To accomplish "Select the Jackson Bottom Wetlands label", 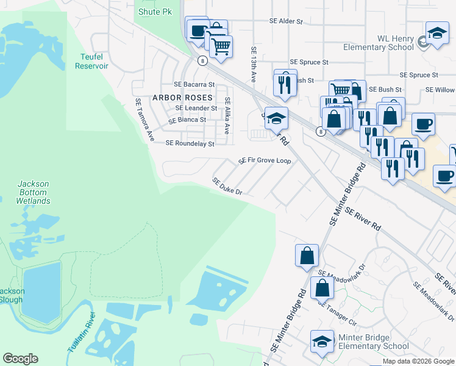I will (33, 192).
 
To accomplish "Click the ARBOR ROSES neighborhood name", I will (182, 98).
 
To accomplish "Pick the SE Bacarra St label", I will (194, 85).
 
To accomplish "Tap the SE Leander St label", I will (196, 108).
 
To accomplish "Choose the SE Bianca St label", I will (188, 120).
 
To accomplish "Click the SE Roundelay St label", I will (190, 144).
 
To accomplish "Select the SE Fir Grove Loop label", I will (265, 161).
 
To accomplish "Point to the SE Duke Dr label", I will (227, 187).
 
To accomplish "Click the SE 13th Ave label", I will (254, 64).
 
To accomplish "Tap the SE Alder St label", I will (286, 21).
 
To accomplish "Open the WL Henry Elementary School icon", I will (437, 35).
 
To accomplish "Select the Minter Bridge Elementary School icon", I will (322, 343).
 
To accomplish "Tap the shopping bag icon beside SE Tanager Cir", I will (321, 289).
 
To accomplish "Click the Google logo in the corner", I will (20, 359).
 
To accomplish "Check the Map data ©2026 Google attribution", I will (418, 361).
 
